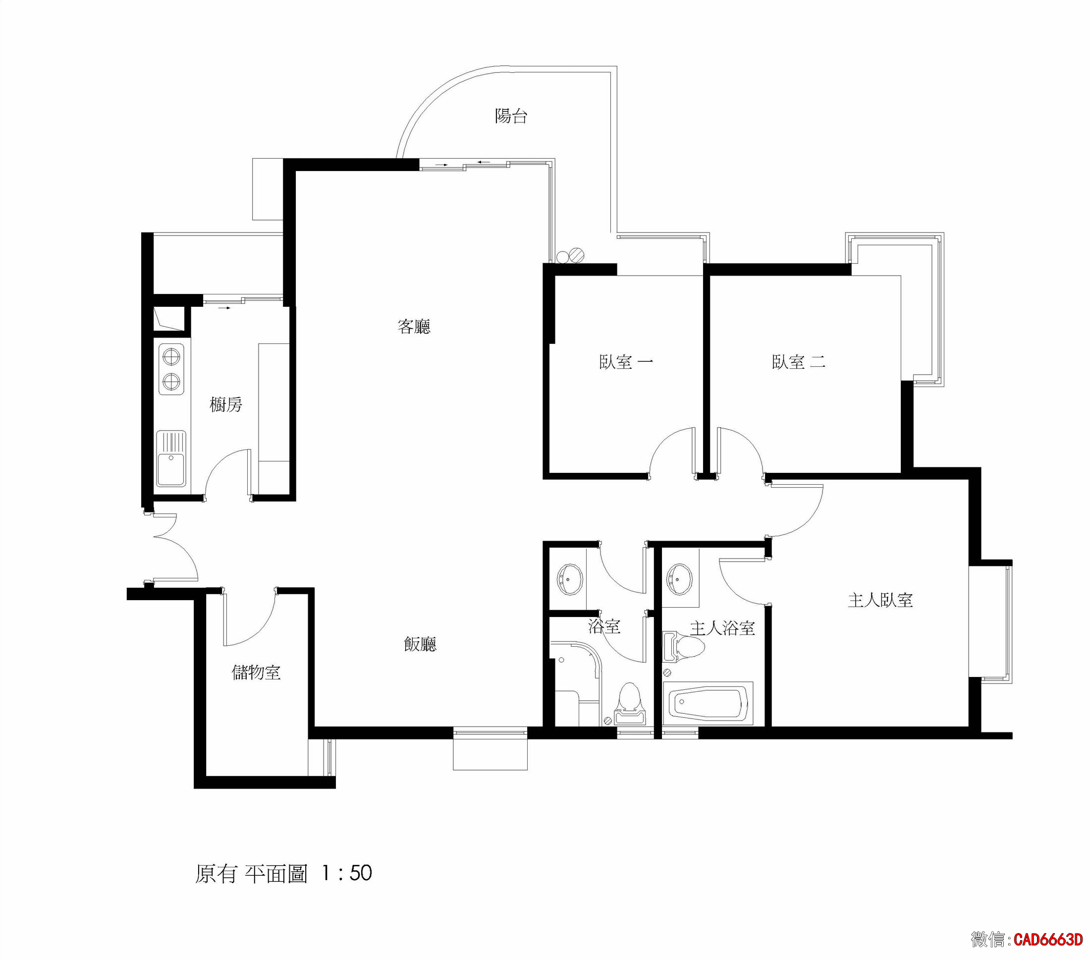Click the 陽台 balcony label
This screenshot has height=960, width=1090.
tap(511, 116)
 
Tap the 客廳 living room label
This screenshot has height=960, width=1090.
tap(414, 327)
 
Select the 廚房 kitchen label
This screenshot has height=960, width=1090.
tap(225, 405)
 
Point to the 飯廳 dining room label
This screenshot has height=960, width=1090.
tap(420, 644)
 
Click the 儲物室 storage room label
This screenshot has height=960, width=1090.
tap(256, 672)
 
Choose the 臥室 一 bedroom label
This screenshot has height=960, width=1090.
tap(626, 362)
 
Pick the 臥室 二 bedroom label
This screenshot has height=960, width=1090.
tap(798, 362)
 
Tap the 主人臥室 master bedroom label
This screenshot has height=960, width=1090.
tap(880, 601)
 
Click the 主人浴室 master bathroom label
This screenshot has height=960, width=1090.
tap(722, 628)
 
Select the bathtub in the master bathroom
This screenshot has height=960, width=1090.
tap(708, 704)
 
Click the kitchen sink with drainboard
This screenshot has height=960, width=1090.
tap(171, 458)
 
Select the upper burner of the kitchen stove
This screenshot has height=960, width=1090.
tap(170, 356)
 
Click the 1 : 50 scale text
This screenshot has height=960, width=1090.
tap(347, 874)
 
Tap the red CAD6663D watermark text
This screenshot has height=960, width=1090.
tap(1048, 940)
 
